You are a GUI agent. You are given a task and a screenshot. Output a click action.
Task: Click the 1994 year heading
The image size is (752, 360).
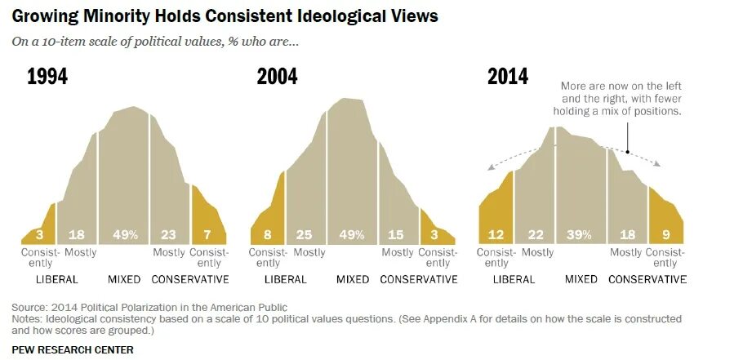click(x=47, y=78)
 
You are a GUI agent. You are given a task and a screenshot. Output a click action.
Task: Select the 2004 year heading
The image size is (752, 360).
click(x=277, y=78)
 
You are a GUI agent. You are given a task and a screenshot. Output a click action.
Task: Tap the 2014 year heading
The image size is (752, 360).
click(x=508, y=77)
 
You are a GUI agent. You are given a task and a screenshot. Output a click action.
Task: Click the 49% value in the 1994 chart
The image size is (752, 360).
click(x=124, y=235)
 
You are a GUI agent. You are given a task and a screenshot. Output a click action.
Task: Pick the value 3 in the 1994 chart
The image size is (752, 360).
click(x=38, y=235)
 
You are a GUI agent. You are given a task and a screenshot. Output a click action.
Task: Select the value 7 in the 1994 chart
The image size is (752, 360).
click(x=207, y=235)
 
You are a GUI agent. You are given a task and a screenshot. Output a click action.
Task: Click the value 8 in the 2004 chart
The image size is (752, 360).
click(x=269, y=235)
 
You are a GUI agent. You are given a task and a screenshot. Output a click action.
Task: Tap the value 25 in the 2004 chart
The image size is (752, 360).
click(x=305, y=235)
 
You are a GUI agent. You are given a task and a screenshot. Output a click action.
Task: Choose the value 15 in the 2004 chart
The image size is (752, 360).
click(x=397, y=235)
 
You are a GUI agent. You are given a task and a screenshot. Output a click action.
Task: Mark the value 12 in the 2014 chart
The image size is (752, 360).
click(x=496, y=235)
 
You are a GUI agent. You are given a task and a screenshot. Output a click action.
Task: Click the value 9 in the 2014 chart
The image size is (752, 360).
click(x=665, y=235)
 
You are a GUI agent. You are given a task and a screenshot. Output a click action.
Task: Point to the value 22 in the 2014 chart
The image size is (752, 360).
click(x=536, y=235)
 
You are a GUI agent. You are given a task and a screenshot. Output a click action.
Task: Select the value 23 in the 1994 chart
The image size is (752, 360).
click(x=168, y=235)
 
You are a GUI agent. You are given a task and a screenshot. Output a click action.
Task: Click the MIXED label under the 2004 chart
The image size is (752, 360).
click(x=353, y=279)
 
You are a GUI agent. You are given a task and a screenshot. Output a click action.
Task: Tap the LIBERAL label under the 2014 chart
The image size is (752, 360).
click(x=514, y=279)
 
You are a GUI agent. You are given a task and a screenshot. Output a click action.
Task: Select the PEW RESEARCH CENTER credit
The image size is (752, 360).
click(x=73, y=349)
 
